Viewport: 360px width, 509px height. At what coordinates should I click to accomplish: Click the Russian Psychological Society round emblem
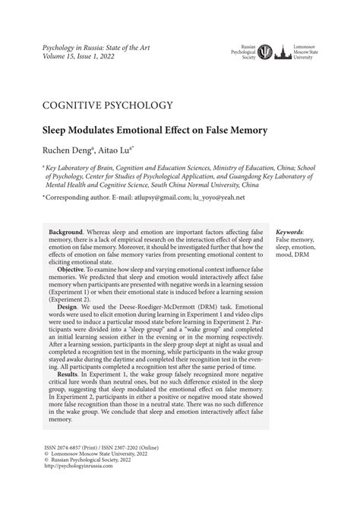tap(268, 52)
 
